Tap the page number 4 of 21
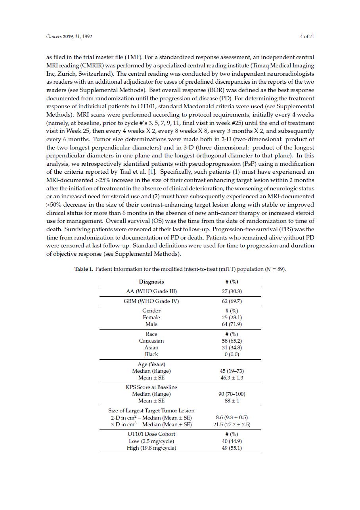pyautogui.click(x=307, y=36)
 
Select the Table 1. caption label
pyautogui.click(x=84, y=269)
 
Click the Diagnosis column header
pyautogui.click(x=151, y=282)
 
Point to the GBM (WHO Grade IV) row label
pyautogui.click(x=151, y=301)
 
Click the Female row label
pyautogui.click(x=151, y=317)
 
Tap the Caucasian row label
pyautogui.click(x=151, y=341)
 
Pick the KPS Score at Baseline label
pyautogui.click(x=151, y=387)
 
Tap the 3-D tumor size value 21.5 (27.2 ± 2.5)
pyautogui.click(x=232, y=424)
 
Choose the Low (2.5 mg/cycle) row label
pyautogui.click(x=151, y=441)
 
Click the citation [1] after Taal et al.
pyautogui.click(x=151, y=172)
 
